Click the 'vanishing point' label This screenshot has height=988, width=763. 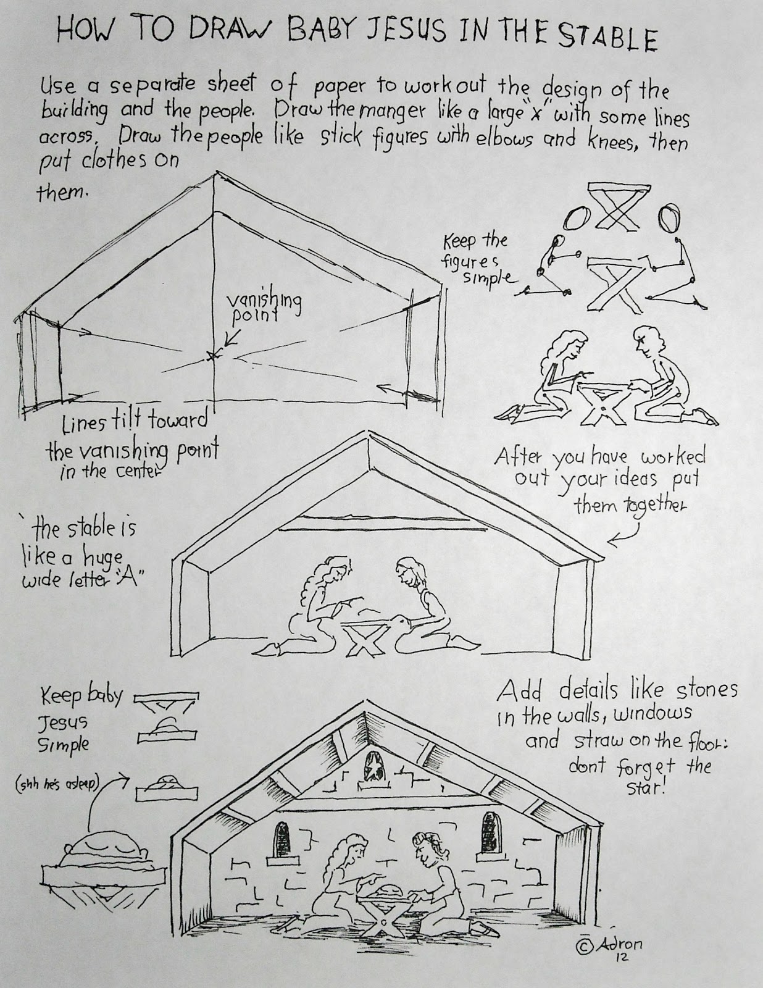(263, 307)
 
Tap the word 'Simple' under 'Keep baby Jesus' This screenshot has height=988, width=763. (64, 744)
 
